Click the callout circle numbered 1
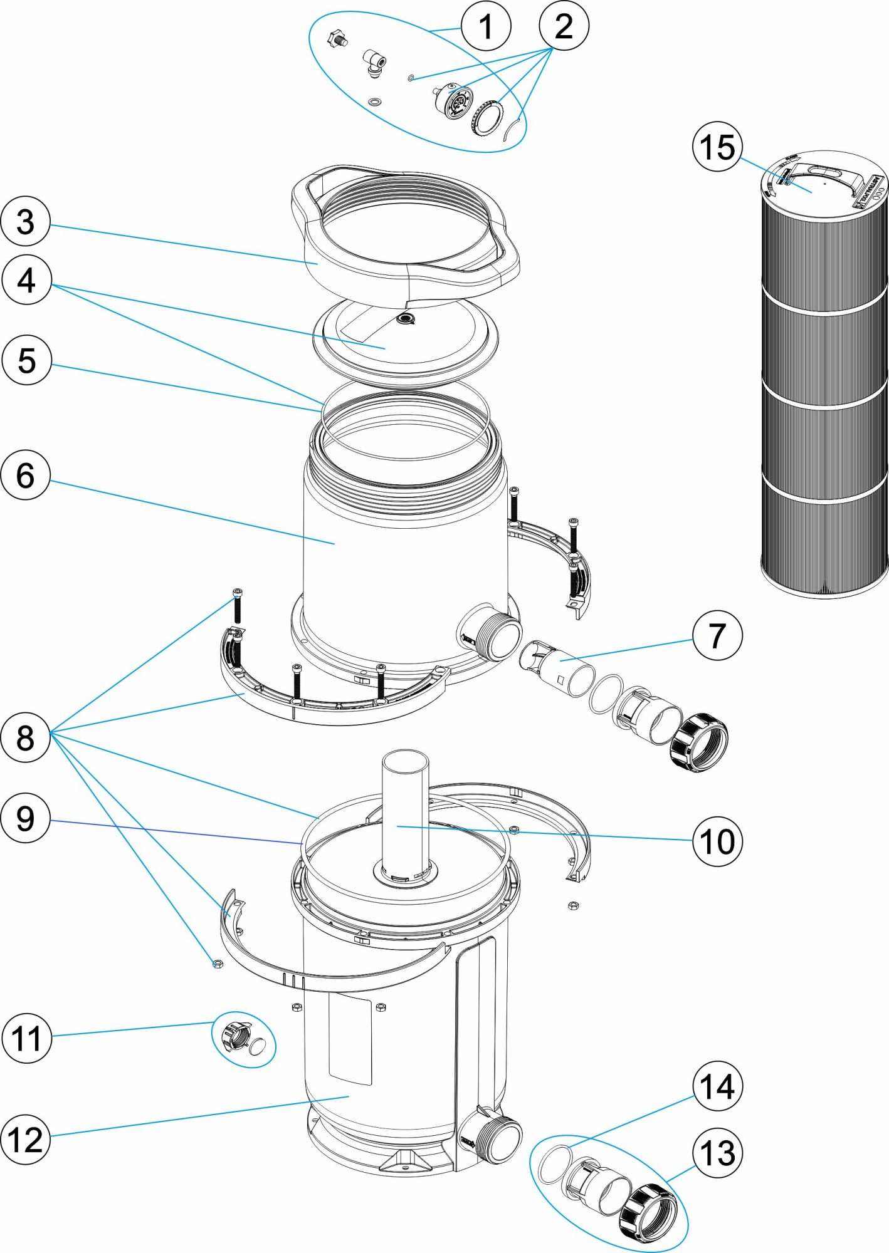click(x=486, y=26)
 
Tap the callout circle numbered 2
click(x=564, y=26)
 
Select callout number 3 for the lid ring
click(x=26, y=222)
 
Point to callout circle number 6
click(x=26, y=475)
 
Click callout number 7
click(x=717, y=635)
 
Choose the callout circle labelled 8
click(x=26, y=737)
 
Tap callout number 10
click(x=717, y=841)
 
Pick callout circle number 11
click(x=26, y=1038)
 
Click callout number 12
click(x=26, y=1139)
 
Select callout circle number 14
click(x=717, y=1087)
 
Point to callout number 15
click(x=717, y=148)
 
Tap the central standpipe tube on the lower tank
click(x=405, y=808)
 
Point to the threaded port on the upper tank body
click(x=495, y=634)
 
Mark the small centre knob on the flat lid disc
click(x=407, y=320)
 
